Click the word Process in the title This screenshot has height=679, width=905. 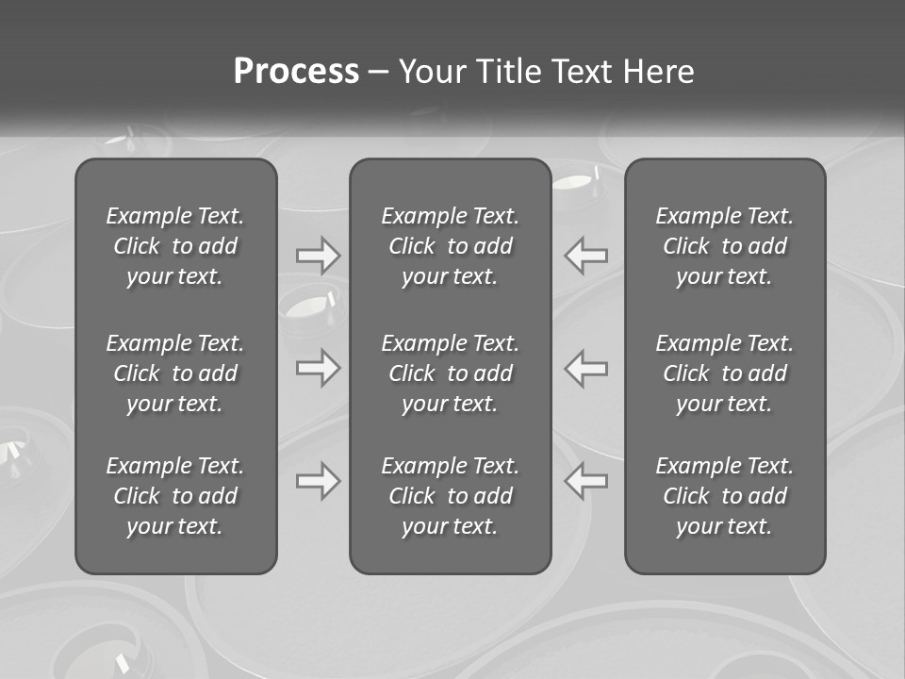tap(296, 72)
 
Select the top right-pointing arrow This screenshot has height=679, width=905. tap(319, 255)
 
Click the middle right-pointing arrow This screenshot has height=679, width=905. tap(319, 368)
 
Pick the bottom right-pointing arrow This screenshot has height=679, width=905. tap(319, 481)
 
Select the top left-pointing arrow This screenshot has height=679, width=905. tap(586, 255)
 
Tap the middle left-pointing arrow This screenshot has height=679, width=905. tap(586, 368)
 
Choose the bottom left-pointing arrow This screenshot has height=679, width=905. tap(586, 481)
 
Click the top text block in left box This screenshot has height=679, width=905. tap(175, 246)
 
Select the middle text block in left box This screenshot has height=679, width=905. tap(175, 373)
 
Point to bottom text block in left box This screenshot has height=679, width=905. tap(175, 496)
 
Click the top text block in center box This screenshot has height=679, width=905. tap(450, 246)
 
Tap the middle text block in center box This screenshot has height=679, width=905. tap(450, 373)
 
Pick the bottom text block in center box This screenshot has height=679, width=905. tap(450, 496)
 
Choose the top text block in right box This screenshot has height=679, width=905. tap(724, 246)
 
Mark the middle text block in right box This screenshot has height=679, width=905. tap(724, 373)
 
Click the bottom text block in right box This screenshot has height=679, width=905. tap(724, 496)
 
